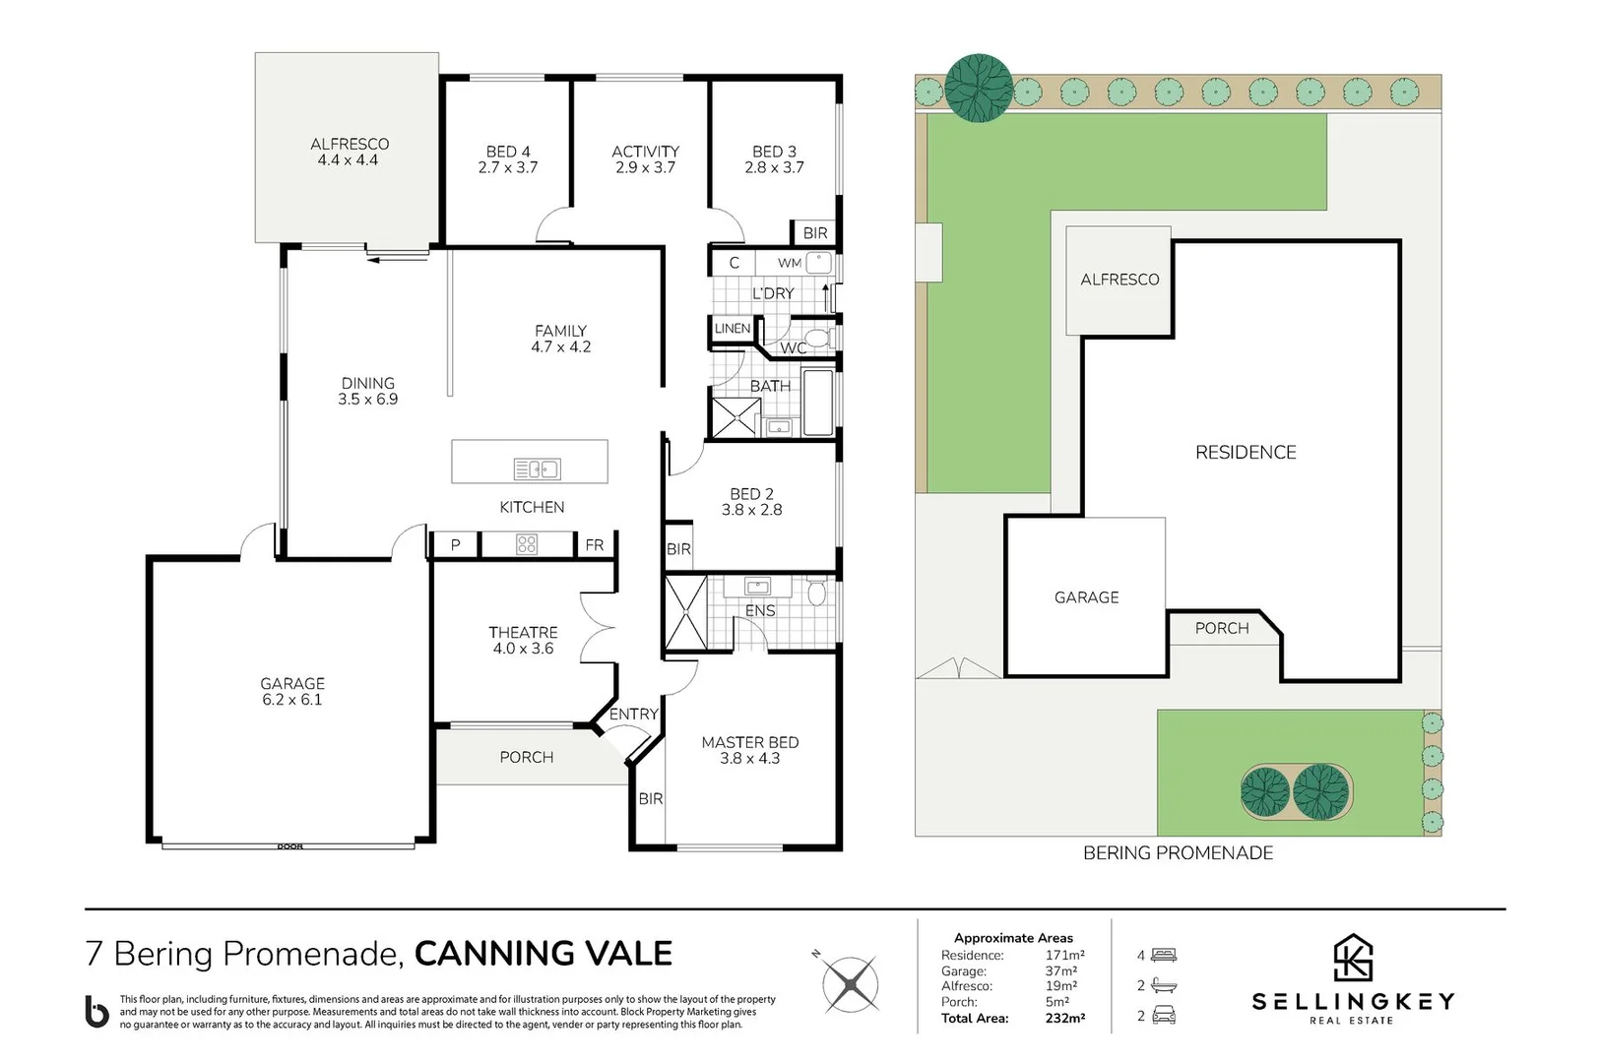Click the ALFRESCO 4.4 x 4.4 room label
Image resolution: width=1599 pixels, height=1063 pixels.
coord(349,152)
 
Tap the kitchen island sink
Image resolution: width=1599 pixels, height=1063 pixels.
coord(537,469)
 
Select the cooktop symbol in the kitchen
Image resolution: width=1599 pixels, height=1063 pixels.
coord(527,544)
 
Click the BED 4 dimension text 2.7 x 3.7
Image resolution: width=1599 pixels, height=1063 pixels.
coord(508,168)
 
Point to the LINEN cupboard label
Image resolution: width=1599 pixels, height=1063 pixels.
coord(733,329)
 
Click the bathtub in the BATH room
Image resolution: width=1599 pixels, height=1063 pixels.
coord(818,403)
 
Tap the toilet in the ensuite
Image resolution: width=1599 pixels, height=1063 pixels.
coord(816,594)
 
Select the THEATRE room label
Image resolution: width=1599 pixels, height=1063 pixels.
coord(523,633)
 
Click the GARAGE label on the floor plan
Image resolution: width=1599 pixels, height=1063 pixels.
coord(292,684)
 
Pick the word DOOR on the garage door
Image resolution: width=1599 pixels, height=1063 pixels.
coord(290,846)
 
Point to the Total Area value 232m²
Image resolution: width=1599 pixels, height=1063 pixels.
coord(1065,1019)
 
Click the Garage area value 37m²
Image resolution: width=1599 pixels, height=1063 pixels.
coord(1061,971)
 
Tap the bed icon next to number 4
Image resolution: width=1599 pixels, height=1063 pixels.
coord(1164,956)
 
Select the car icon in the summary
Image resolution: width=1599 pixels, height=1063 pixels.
coord(1164,1016)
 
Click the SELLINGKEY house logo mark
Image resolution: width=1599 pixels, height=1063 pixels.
coord(1353,958)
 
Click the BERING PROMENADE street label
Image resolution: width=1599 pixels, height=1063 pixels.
coord(1178,853)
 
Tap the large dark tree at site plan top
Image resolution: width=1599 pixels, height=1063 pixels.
coord(979,88)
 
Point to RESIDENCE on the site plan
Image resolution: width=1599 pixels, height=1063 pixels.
coord(1246,453)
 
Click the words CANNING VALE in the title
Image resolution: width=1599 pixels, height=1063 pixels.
coord(544,954)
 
